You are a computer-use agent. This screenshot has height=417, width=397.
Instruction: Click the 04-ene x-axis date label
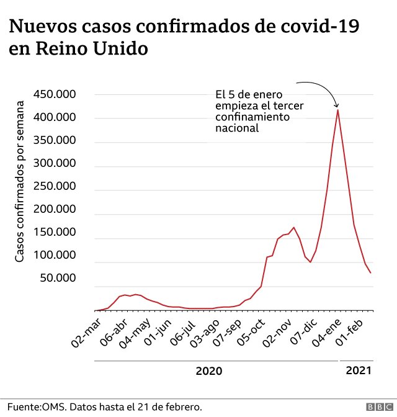[x=326, y=331]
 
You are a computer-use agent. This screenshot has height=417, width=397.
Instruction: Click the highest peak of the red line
[x=337, y=110]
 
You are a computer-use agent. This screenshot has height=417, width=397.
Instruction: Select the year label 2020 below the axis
[x=208, y=371]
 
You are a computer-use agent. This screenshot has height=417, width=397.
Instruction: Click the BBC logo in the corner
[x=378, y=407]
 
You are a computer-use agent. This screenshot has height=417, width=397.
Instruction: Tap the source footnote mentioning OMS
[x=104, y=407]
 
